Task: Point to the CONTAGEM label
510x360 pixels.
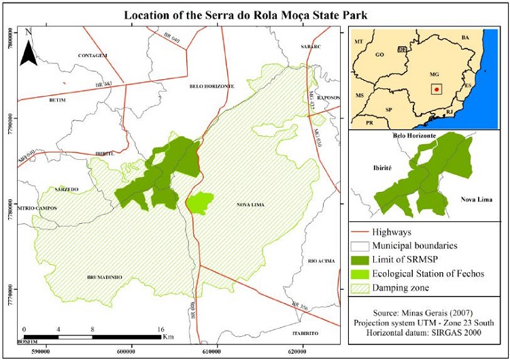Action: pos(93,55)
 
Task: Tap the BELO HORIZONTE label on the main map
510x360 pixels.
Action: pos(211,87)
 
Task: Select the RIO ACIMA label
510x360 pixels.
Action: pos(321,261)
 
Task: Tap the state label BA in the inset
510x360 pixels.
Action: pos(465,37)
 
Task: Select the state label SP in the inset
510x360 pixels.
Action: pos(389,109)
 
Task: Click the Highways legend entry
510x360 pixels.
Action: pos(395,232)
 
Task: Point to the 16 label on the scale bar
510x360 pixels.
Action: pos(161,329)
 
